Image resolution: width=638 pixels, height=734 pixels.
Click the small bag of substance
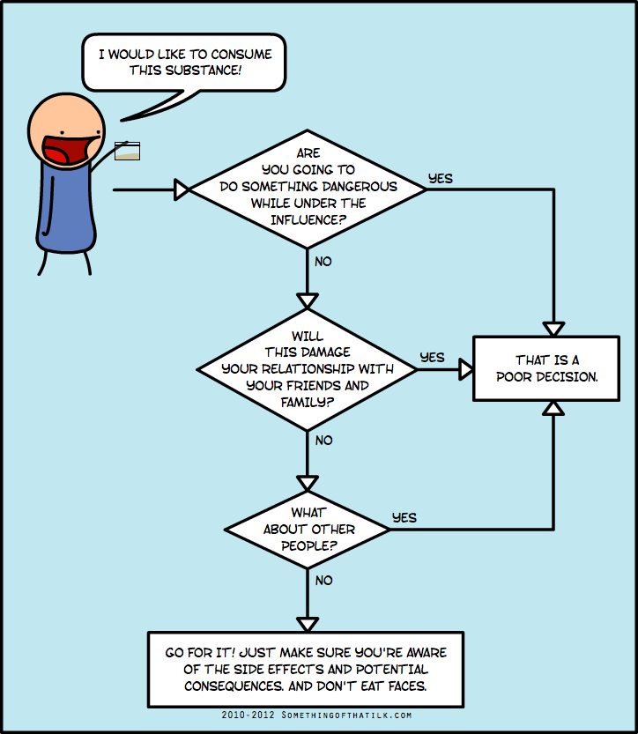point(127,151)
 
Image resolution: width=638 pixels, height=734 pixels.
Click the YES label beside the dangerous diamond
point(441,179)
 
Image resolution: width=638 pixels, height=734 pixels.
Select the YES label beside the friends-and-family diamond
point(432,358)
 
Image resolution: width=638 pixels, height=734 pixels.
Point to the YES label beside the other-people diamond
point(404,518)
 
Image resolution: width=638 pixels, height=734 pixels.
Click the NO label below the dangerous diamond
point(323,261)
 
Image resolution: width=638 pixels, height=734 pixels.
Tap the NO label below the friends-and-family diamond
point(324,440)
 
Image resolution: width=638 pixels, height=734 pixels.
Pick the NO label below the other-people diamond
point(324,581)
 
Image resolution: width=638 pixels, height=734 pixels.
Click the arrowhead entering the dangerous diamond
point(182,189)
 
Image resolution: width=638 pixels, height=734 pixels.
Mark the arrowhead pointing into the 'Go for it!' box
point(308,625)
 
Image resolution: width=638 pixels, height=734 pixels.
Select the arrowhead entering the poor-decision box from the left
point(466,369)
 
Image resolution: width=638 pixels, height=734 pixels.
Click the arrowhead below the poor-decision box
point(553,409)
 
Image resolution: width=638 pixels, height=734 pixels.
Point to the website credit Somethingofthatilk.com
point(346,715)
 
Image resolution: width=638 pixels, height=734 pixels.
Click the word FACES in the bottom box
point(408,686)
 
